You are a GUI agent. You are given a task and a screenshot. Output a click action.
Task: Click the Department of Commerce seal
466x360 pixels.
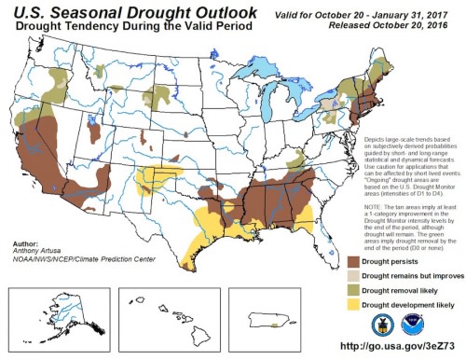379,324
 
